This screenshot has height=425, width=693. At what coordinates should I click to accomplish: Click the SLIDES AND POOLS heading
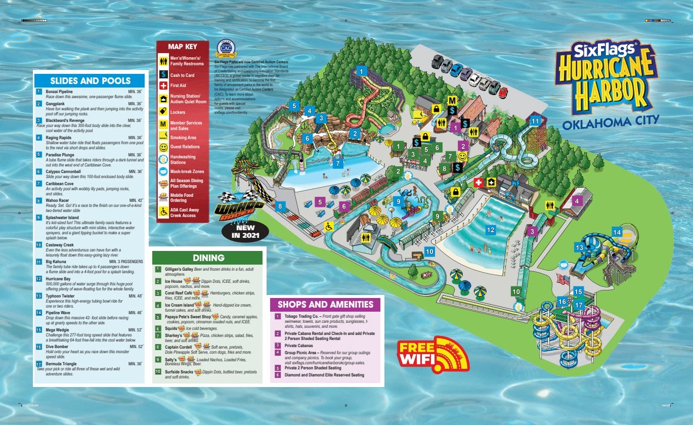pyautogui.click(x=90, y=81)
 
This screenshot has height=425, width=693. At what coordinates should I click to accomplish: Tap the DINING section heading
pyautogui.click(x=207, y=258)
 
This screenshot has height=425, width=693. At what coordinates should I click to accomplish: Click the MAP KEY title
pyautogui.click(x=182, y=47)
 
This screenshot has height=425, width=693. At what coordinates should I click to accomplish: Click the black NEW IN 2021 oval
pyautogui.click(x=245, y=231)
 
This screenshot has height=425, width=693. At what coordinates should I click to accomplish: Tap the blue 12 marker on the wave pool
pyautogui.click(x=490, y=230)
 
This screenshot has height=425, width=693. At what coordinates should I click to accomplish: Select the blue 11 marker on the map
pyautogui.click(x=535, y=121)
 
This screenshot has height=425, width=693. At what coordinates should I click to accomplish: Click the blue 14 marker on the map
pyautogui.click(x=617, y=232)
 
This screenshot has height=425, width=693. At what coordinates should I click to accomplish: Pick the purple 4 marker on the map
pyautogui.click(x=576, y=201)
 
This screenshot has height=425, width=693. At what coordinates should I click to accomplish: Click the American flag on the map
pyautogui.click(x=560, y=279)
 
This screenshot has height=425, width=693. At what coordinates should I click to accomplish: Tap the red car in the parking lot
pyautogui.click(x=503, y=92)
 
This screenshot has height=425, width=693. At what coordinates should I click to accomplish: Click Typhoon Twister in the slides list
pyautogui.click(x=60, y=295)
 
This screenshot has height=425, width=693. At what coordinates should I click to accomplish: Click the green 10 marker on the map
pyautogui.click(x=516, y=291)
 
